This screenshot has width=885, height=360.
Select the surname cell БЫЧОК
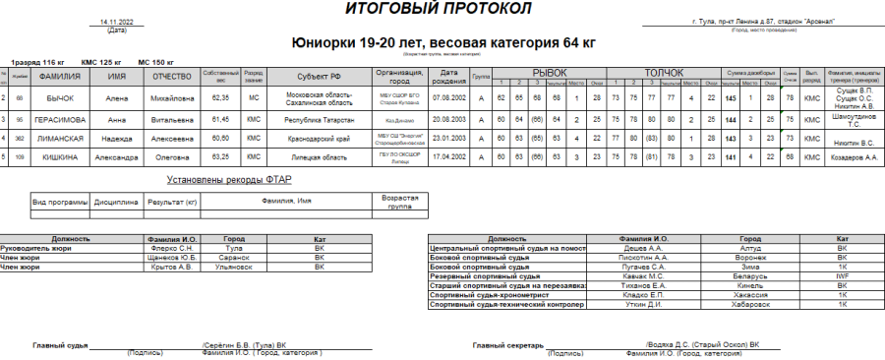click(60, 98)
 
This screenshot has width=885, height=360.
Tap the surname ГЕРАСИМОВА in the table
click(60, 118)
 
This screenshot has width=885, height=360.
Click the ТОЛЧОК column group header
click(664, 72)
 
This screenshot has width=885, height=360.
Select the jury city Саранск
click(234, 258)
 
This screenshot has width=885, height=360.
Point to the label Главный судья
click(60, 344)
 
